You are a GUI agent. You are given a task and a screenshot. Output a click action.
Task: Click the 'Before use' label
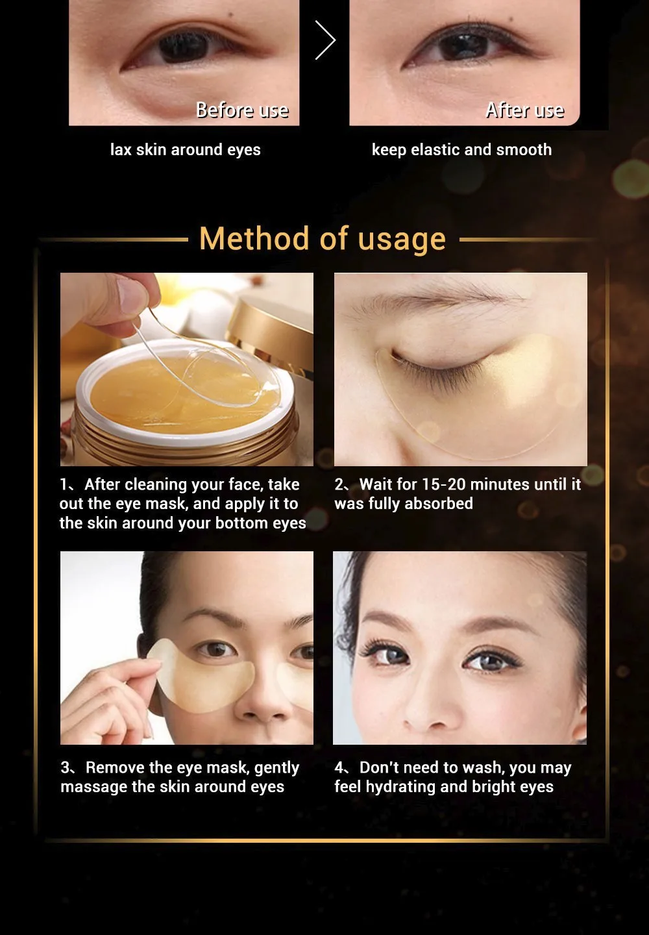242,110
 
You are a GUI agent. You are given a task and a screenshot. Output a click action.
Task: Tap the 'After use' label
525,110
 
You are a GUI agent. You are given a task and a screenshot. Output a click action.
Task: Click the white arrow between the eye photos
326,40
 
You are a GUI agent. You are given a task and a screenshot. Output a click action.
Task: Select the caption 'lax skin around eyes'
185,149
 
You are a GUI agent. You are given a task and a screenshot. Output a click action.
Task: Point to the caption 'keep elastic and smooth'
461,149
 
